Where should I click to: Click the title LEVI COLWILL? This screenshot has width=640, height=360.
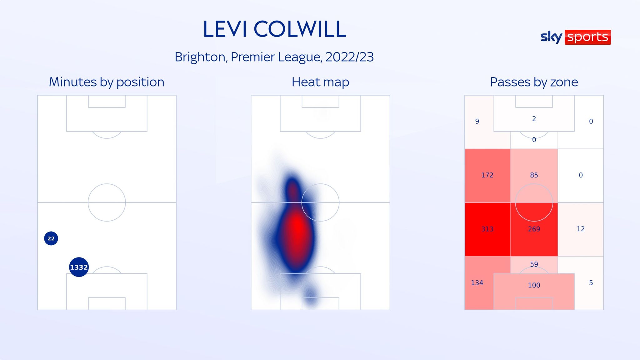pyautogui.click(x=274, y=29)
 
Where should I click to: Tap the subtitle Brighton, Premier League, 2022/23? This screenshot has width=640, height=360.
pyautogui.click(x=274, y=57)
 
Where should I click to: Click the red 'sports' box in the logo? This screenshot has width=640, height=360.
pyautogui.click(x=587, y=37)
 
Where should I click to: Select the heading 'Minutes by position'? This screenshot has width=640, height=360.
pyautogui.click(x=107, y=82)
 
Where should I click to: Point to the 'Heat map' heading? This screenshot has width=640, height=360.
pyautogui.click(x=320, y=82)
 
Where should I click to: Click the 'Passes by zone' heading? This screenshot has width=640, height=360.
pyautogui.click(x=534, y=82)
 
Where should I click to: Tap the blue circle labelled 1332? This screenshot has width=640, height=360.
pyautogui.click(x=79, y=267)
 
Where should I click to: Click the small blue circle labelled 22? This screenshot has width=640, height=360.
pyautogui.click(x=51, y=238)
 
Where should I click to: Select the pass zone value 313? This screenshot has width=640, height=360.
pyautogui.click(x=487, y=229)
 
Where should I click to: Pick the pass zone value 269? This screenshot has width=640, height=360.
pyautogui.click(x=534, y=229)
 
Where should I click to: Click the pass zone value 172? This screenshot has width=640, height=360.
pyautogui.click(x=487, y=175)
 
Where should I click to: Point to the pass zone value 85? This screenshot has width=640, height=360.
pyautogui.click(x=534, y=175)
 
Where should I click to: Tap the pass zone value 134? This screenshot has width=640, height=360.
pyautogui.click(x=477, y=283)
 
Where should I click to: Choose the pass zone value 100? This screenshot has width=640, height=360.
pyautogui.click(x=534, y=285)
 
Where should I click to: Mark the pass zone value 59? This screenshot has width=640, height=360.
pyautogui.click(x=534, y=264)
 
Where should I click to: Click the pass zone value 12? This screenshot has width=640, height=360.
pyautogui.click(x=581, y=229)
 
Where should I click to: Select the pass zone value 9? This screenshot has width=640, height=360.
pyautogui.click(x=477, y=121)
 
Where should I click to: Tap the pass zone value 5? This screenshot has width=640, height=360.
pyautogui.click(x=591, y=283)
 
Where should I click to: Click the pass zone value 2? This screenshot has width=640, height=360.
pyautogui.click(x=534, y=119)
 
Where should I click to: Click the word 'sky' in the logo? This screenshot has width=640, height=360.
pyautogui.click(x=551, y=37)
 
